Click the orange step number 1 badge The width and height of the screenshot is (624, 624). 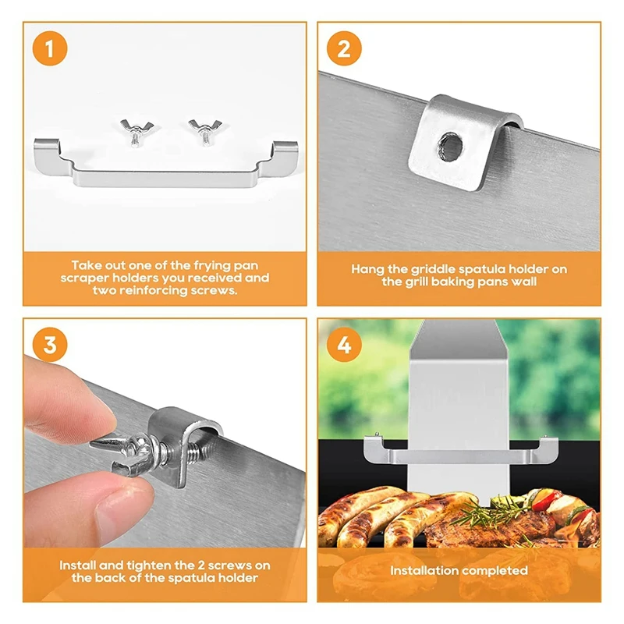pos(50,48)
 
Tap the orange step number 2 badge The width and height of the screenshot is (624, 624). pos(344,48)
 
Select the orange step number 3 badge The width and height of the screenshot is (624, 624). pos(50,345)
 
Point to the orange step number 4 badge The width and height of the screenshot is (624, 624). pos(344,345)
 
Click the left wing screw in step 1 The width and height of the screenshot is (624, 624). pos(136,132)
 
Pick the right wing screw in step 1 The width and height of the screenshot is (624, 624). pos(205,132)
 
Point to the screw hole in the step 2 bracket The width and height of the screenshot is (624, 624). pos(452,146)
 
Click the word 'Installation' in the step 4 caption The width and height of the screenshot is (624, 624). pos(422,570)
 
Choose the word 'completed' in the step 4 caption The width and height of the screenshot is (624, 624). pos(493,571)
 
